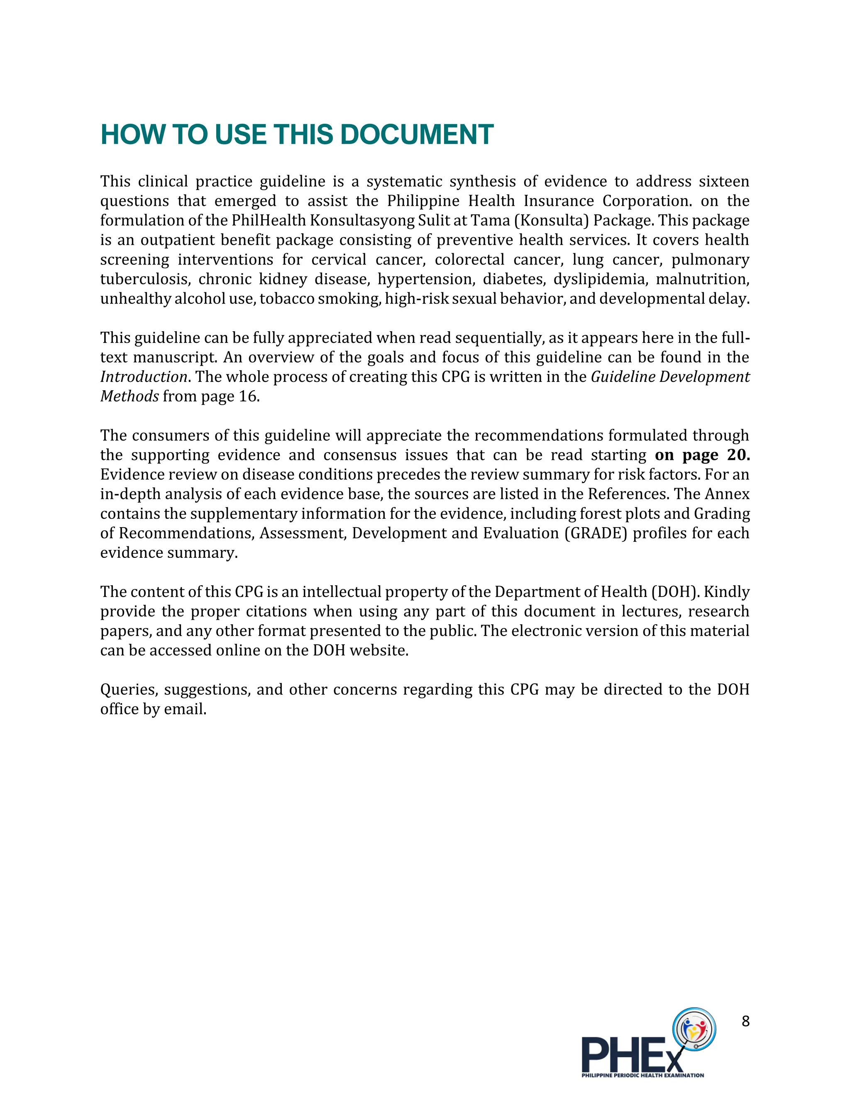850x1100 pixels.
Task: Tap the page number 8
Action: pos(745,1021)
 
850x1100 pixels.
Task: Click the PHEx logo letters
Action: pos(632,1054)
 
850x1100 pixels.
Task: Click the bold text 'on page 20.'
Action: pos(702,455)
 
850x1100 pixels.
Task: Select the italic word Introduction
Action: pos(144,377)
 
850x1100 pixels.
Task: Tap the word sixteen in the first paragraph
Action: pos(723,181)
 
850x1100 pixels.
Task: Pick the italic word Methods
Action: pos(129,396)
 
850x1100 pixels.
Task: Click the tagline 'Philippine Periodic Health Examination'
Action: pos(642,1076)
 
